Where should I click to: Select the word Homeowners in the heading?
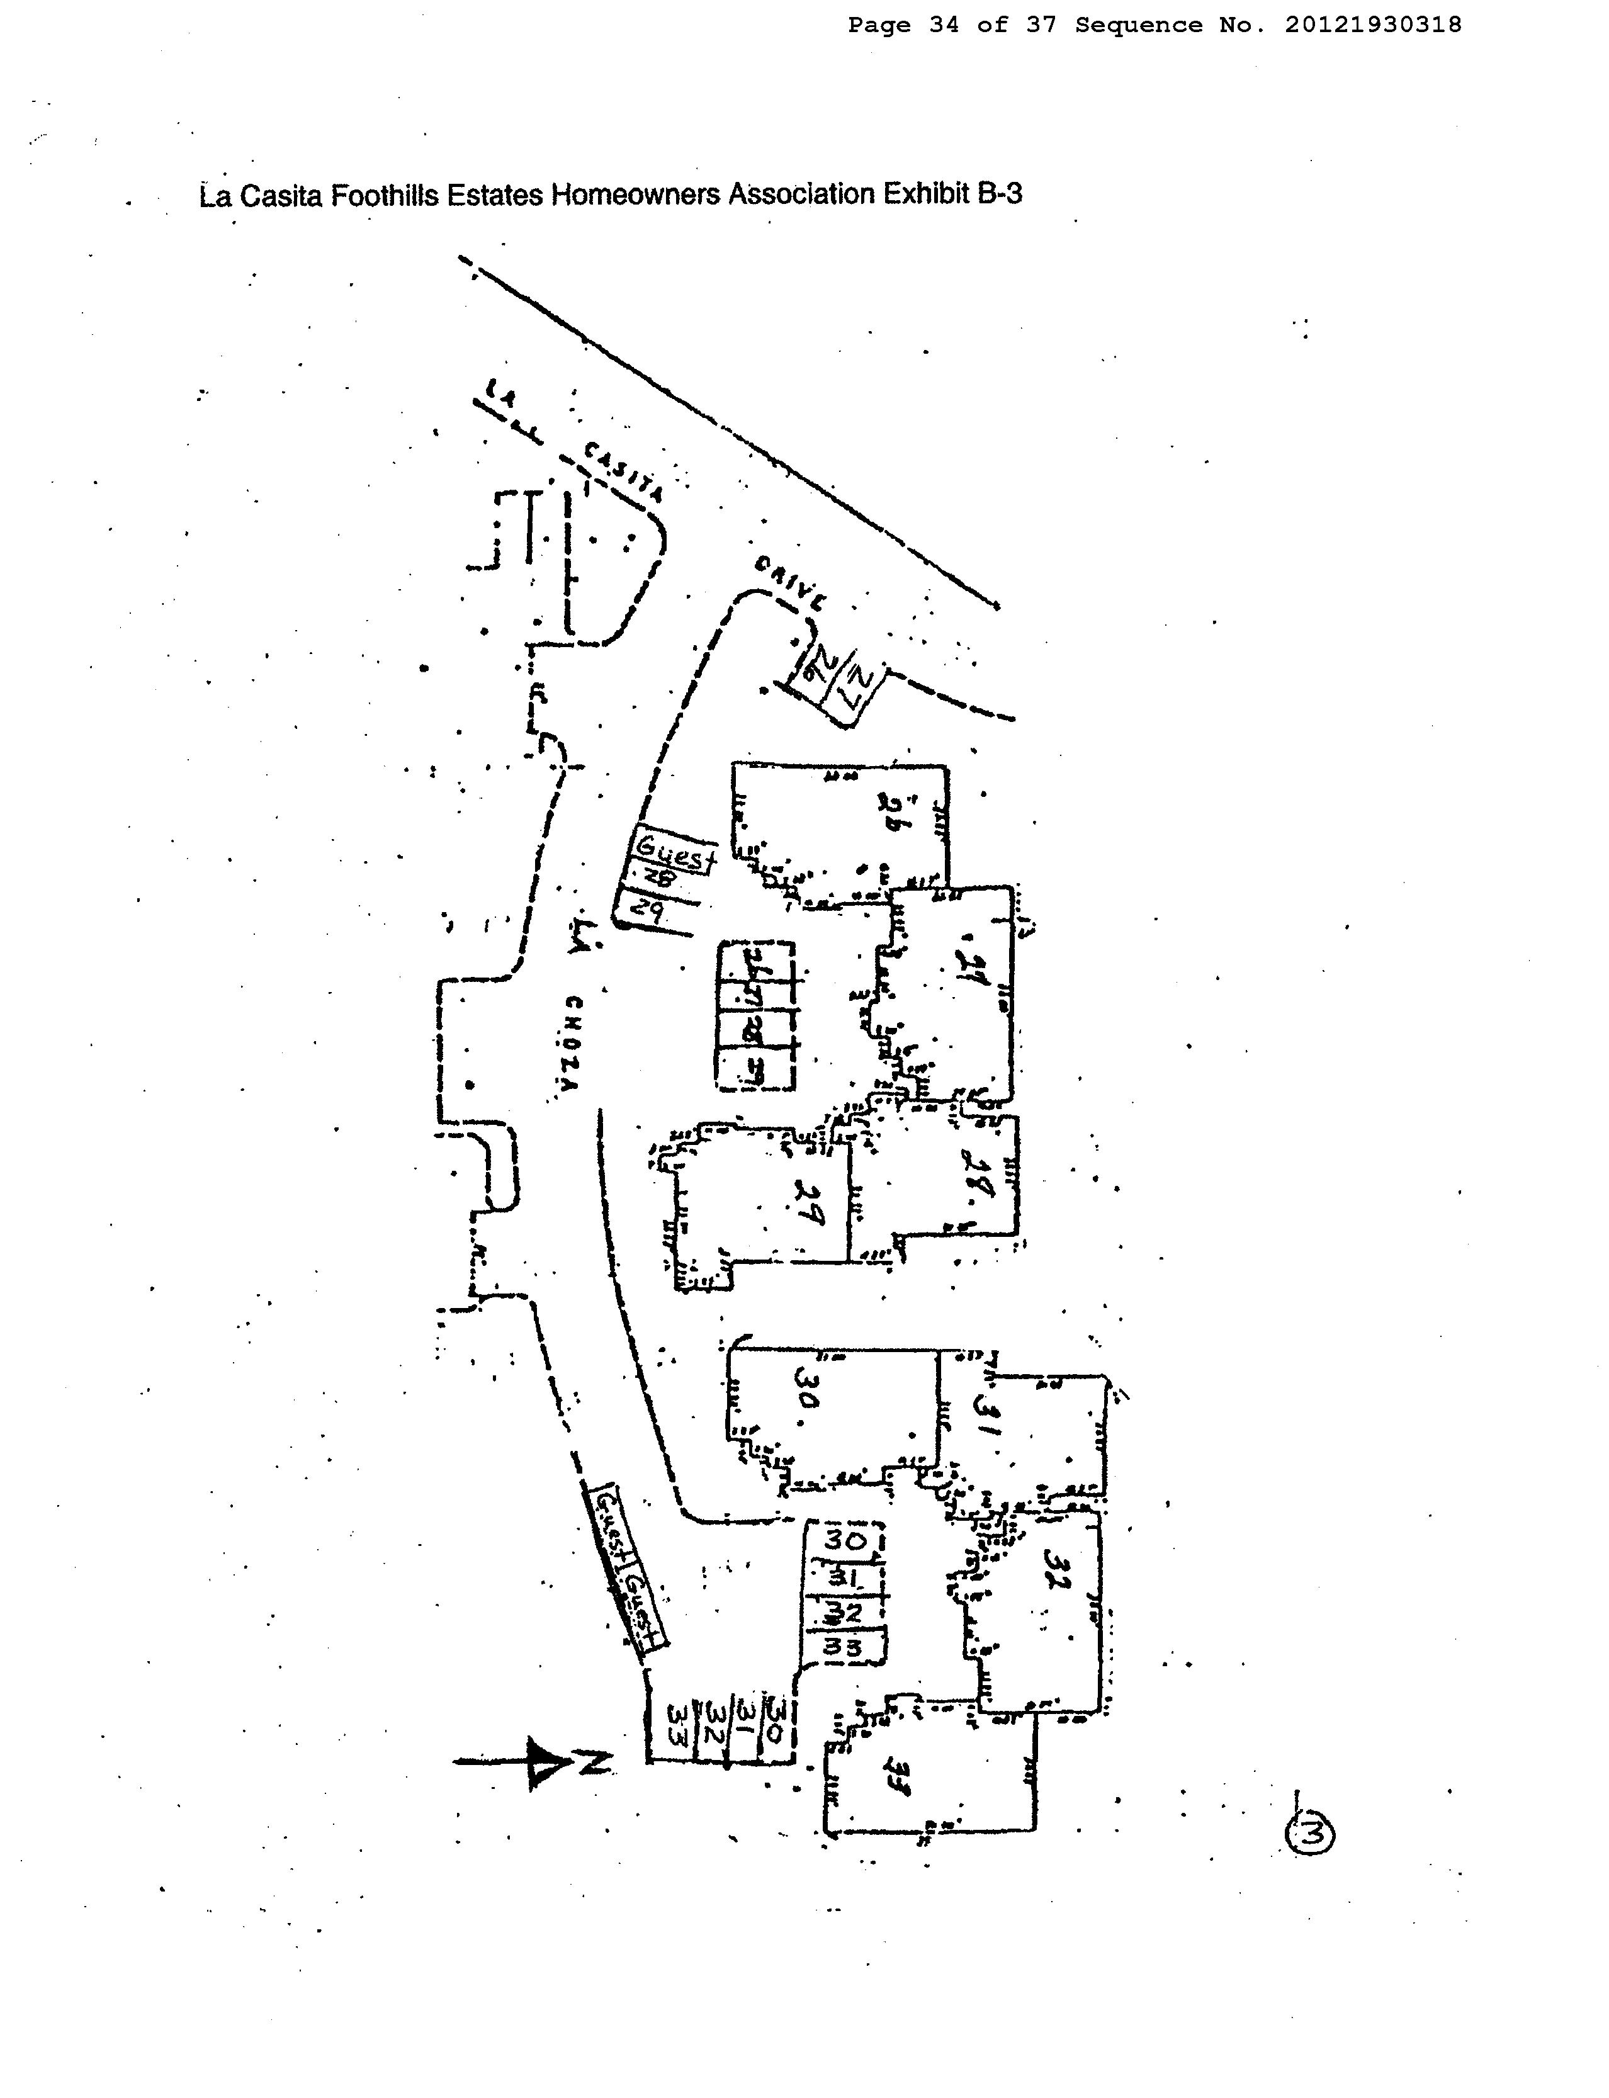coord(636,195)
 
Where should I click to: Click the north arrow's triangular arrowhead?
coord(544,1762)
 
